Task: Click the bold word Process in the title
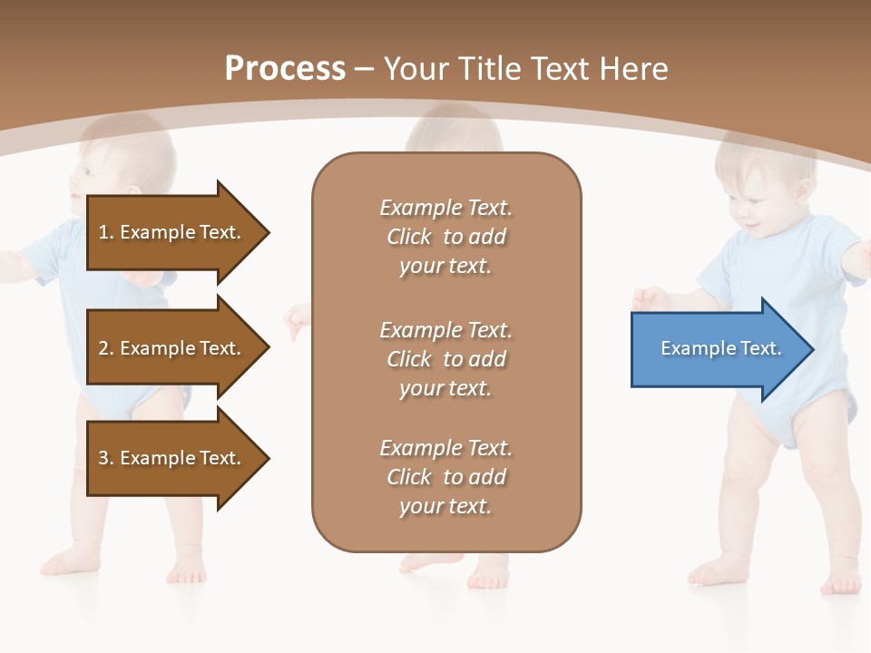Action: [285, 68]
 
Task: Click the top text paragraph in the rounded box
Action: [445, 237]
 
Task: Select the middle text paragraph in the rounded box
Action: [445, 359]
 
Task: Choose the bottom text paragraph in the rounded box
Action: [445, 477]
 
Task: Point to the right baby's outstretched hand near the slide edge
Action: [857, 258]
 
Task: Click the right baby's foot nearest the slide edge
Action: [838, 577]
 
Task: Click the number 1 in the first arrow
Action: [103, 232]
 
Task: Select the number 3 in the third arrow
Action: [103, 458]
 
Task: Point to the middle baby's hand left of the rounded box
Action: [297, 320]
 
